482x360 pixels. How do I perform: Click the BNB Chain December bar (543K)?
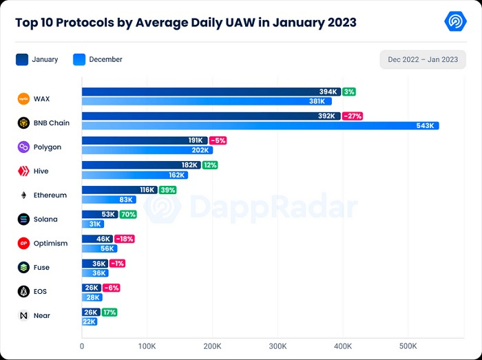click(x=260, y=125)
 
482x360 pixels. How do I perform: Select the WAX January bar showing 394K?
click(x=211, y=92)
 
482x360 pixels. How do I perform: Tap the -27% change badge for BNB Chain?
click(x=353, y=116)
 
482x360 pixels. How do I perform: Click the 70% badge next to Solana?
click(x=128, y=214)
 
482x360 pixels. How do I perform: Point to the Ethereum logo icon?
click(x=23, y=195)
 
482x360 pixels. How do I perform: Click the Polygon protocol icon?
click(x=23, y=147)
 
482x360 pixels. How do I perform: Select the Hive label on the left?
click(x=41, y=171)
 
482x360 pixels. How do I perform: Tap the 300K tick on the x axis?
click(x=277, y=346)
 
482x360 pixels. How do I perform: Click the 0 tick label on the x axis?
click(x=82, y=346)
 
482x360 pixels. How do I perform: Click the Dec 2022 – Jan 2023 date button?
click(x=423, y=59)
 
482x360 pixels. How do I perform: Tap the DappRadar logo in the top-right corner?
click(x=455, y=21)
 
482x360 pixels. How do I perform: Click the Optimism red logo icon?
click(x=23, y=243)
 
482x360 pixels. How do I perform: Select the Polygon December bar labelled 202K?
click(x=147, y=150)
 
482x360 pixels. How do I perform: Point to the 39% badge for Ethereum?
click(x=167, y=190)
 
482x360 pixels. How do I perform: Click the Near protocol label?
click(x=41, y=315)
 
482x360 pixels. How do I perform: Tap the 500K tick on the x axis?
click(x=408, y=346)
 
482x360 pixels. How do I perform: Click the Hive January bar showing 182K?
click(x=141, y=165)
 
